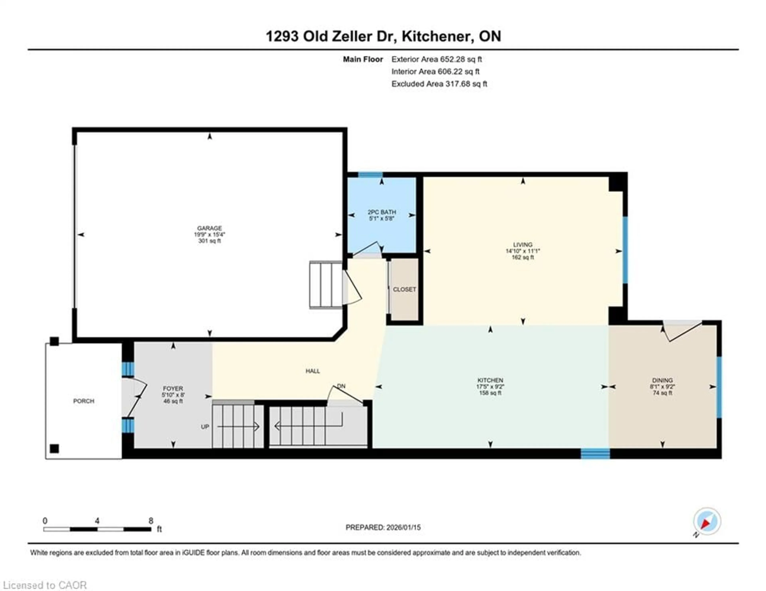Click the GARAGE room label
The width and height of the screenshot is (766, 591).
pos(209,228)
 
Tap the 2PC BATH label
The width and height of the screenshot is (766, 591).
pos(382,212)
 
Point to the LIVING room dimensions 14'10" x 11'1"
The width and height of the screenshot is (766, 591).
pos(523,251)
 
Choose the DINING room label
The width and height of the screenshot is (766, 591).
pos(662,380)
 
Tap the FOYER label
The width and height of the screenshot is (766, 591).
pos(173,388)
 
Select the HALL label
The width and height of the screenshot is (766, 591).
pos(313,371)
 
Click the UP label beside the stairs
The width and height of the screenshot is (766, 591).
pos(205,427)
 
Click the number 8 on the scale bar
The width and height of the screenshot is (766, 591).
pos(151,521)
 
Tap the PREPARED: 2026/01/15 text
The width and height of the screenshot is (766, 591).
pos(383,527)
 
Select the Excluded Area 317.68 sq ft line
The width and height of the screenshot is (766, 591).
pos(439,84)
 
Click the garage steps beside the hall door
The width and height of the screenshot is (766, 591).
pos(326,285)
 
